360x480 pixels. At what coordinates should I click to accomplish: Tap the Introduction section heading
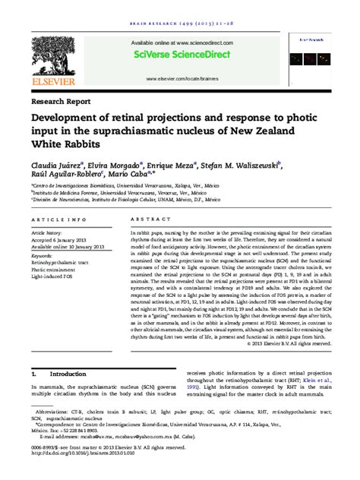(68, 374)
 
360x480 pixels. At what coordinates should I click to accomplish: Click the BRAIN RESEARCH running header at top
(179, 8)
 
